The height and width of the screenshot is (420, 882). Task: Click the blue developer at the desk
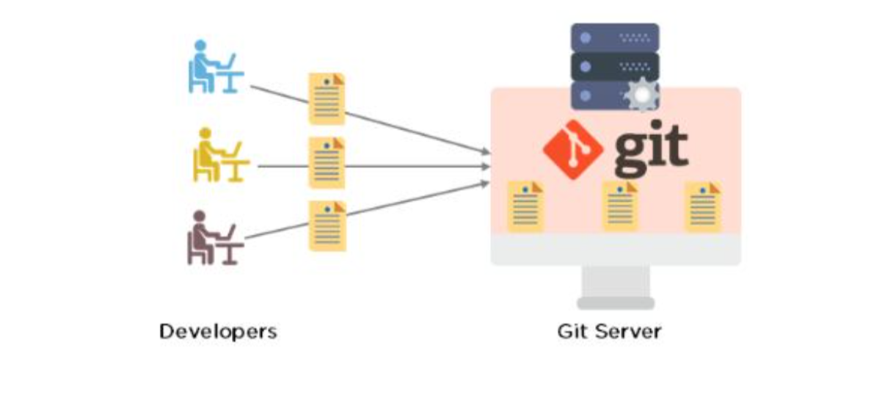point(214,67)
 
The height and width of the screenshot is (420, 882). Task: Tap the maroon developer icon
point(214,237)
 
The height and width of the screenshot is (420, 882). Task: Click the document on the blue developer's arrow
point(327,98)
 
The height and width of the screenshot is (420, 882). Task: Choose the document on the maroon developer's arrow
point(327,226)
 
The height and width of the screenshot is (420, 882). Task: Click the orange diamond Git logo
point(573,150)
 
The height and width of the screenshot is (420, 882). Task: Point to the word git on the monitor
point(650,148)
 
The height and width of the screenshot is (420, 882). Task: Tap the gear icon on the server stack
point(641,95)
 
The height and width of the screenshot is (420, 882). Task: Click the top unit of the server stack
point(615,37)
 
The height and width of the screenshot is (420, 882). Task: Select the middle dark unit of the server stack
point(615,66)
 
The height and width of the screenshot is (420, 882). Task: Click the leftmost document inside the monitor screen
point(525,207)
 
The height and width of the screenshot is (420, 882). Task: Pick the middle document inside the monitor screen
point(620,206)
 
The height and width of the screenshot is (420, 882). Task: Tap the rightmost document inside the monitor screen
point(702,207)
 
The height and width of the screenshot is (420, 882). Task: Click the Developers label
point(218,331)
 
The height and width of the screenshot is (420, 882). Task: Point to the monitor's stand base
point(616,303)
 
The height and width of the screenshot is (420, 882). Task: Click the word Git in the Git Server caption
point(572,331)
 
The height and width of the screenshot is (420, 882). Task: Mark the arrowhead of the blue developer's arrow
point(486,152)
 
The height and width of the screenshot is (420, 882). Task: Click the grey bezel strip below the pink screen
point(616,250)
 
